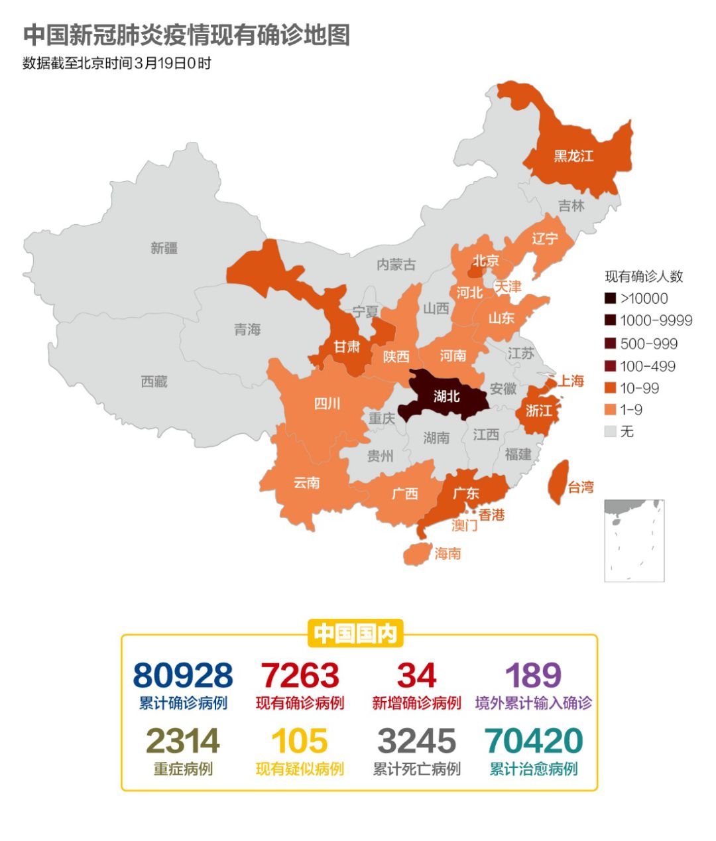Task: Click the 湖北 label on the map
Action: click(446, 396)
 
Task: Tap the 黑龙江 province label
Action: click(573, 156)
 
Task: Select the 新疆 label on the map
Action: click(164, 248)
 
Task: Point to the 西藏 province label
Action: click(154, 381)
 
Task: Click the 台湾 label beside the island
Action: click(581, 487)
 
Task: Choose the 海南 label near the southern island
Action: click(447, 553)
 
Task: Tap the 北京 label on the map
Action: click(485, 261)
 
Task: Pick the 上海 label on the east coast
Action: click(570, 381)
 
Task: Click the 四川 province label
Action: click(327, 403)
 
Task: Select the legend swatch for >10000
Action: click(611, 298)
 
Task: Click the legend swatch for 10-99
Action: click(611, 388)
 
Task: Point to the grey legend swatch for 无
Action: click(611, 432)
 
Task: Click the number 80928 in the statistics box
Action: click(183, 676)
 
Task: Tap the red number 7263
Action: click(300, 676)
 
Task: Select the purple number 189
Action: click(533, 676)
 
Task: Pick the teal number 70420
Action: click(533, 741)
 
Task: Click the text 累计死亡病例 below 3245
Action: click(416, 769)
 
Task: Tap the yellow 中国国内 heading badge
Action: click(355, 633)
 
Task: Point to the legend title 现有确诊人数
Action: click(643, 277)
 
